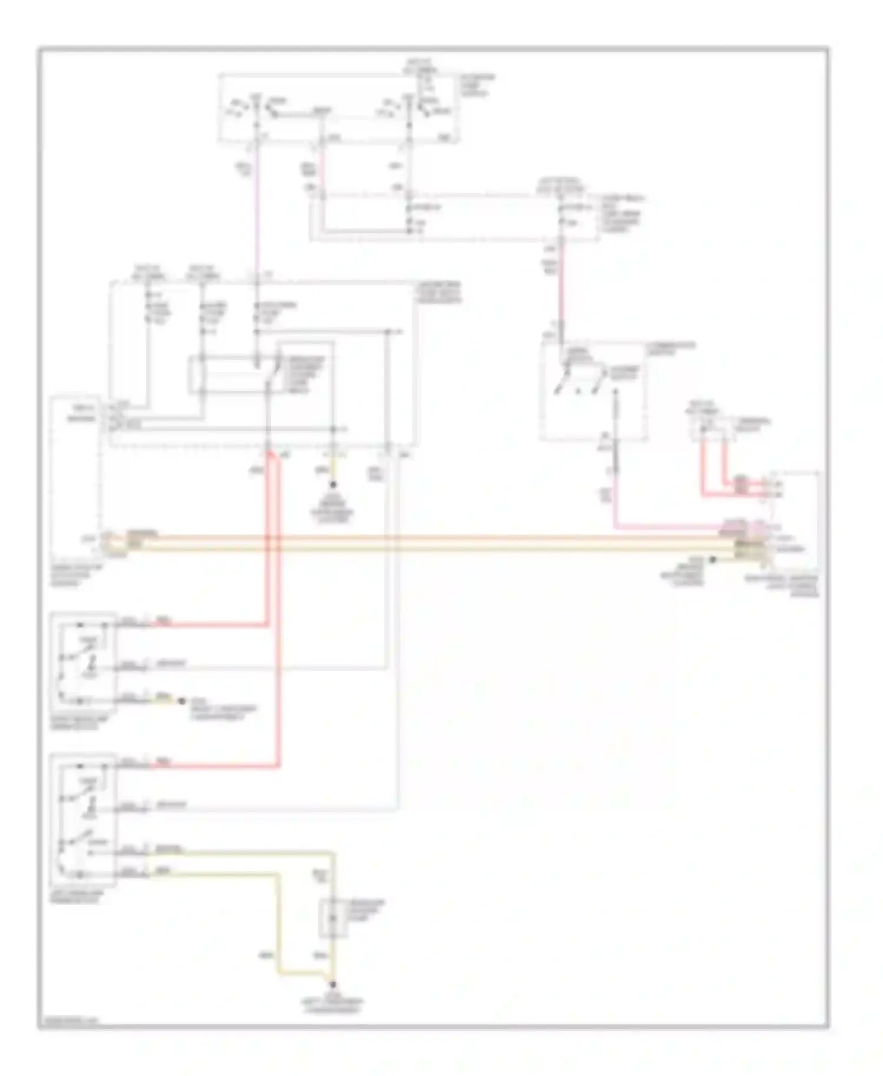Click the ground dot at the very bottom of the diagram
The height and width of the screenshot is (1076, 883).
click(x=333, y=984)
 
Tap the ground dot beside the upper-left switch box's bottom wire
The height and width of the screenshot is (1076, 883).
click(x=182, y=701)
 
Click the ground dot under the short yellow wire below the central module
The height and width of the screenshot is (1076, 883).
click(x=333, y=485)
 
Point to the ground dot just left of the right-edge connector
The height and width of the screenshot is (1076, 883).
click(x=712, y=559)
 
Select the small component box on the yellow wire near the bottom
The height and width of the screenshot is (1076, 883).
click(x=333, y=918)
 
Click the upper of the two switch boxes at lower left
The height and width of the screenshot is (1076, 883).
click(x=82, y=662)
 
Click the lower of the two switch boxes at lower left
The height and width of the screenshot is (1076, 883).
click(x=82, y=819)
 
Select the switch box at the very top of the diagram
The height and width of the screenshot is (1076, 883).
click(x=338, y=108)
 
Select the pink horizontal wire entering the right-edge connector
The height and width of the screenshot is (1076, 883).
click(x=665, y=527)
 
